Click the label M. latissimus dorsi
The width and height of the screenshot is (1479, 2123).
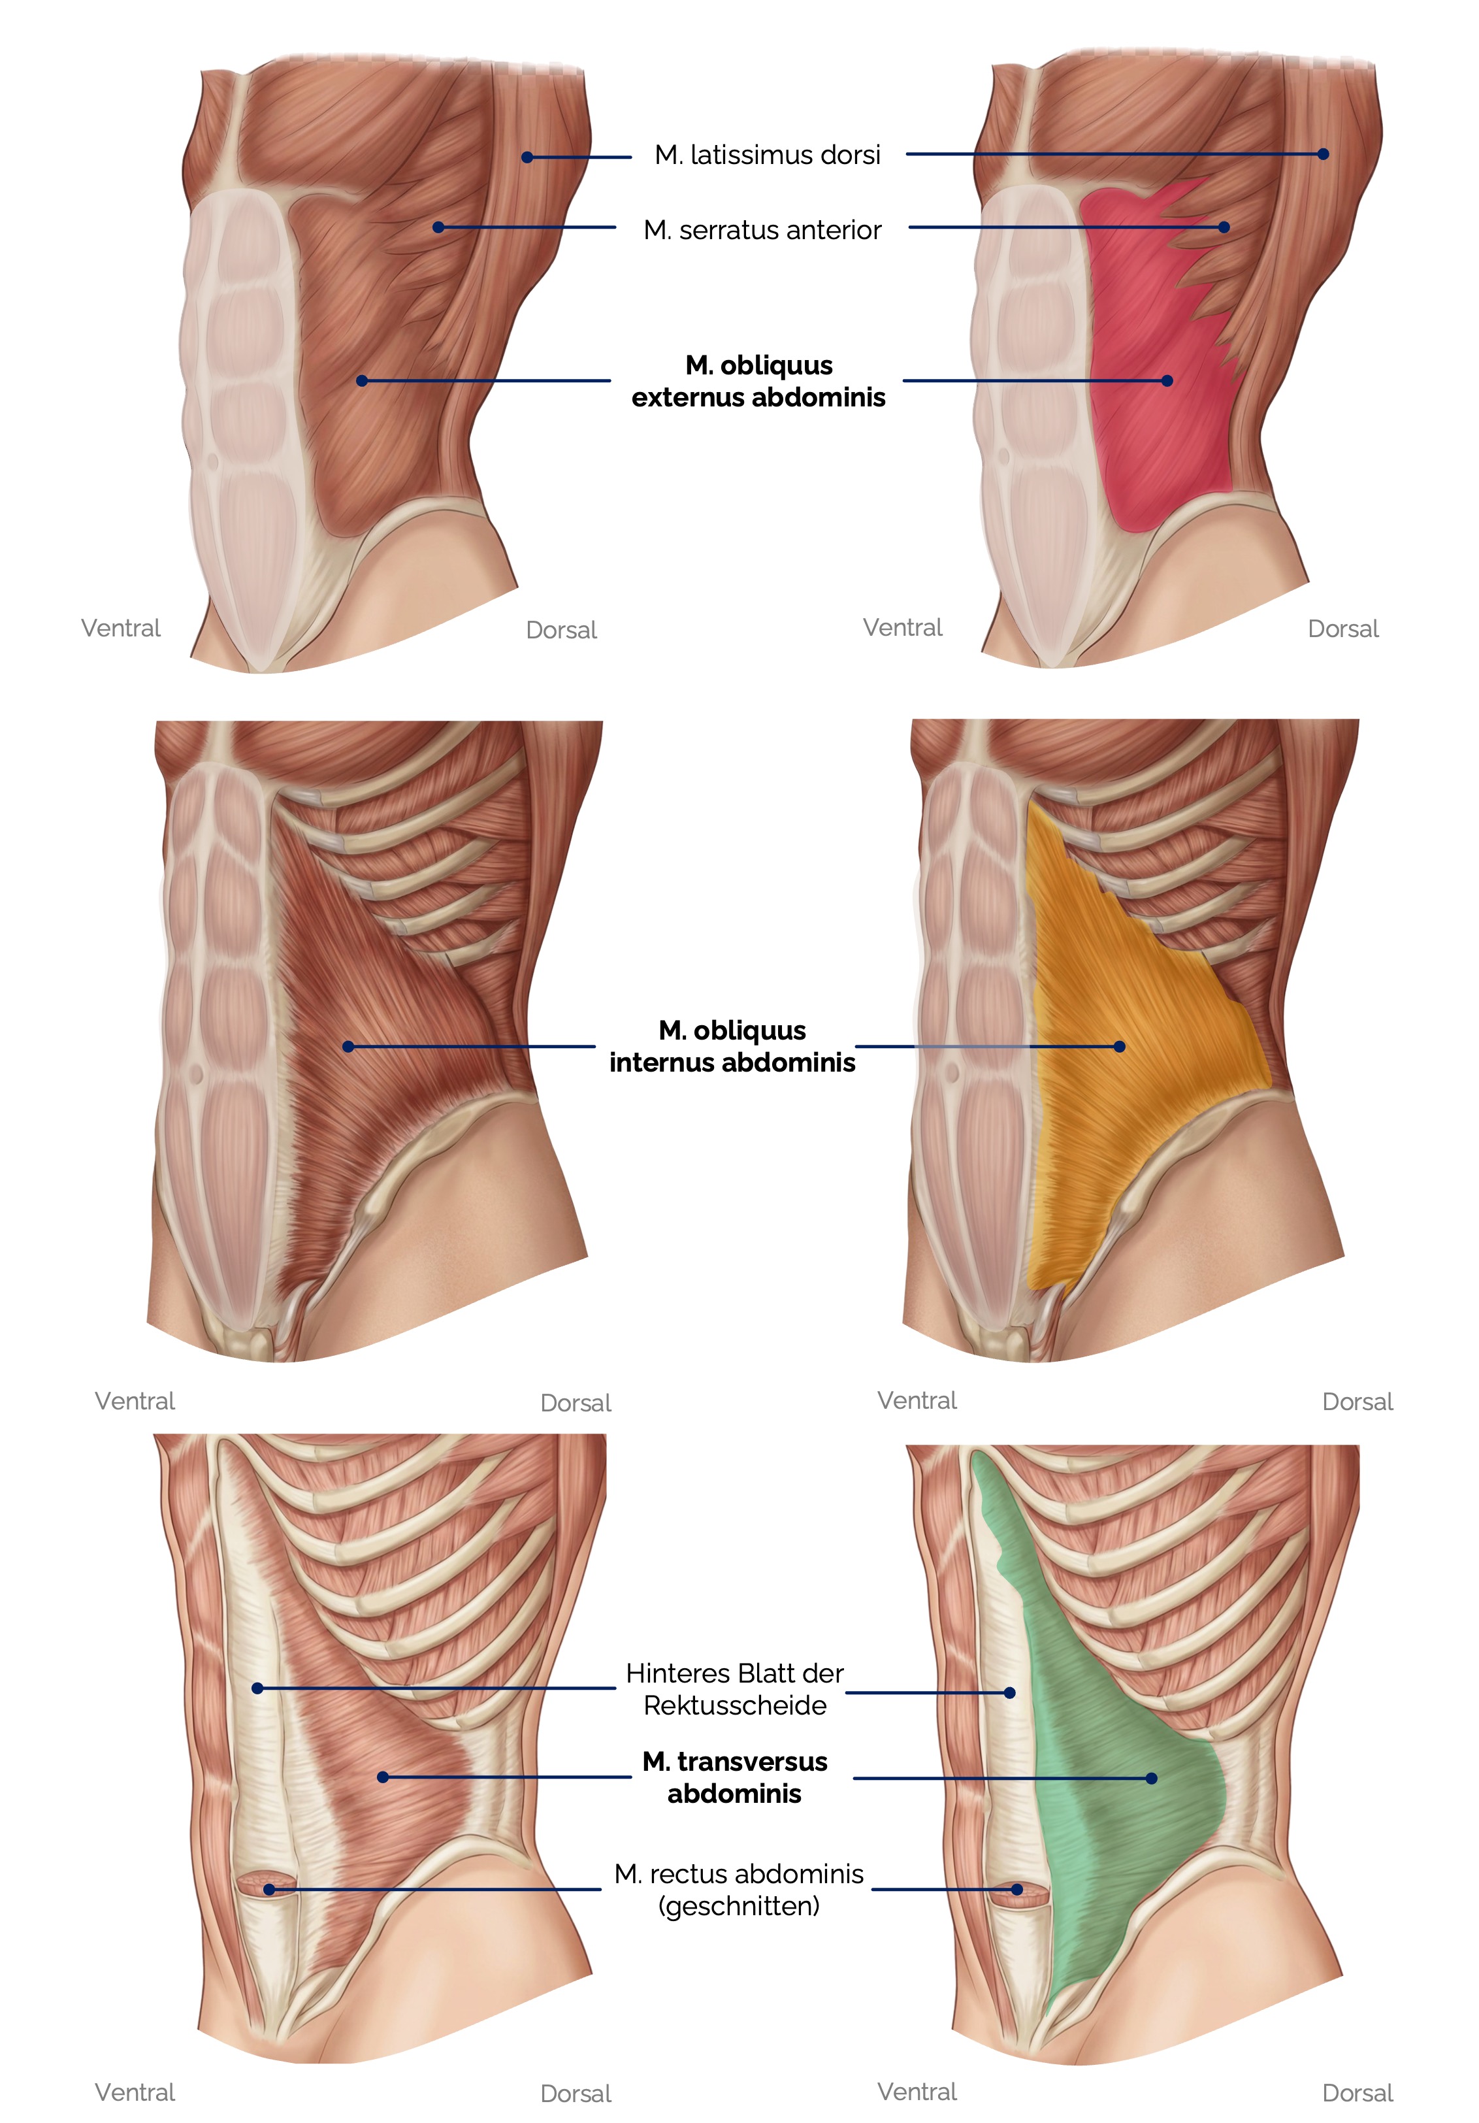point(766,156)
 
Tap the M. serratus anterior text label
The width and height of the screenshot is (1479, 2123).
point(762,230)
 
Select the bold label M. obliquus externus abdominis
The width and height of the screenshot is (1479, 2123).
point(758,381)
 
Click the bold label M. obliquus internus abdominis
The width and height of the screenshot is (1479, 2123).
point(732,1045)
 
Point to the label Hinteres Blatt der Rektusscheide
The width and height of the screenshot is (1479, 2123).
point(734,1688)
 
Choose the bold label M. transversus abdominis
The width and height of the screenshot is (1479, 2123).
point(734,1777)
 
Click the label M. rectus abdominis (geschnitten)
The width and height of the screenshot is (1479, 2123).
point(739,1889)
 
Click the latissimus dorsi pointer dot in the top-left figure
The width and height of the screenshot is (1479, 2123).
point(527,157)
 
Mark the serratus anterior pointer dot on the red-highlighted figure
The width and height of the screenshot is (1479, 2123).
point(1224,227)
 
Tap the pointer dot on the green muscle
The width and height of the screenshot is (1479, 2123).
point(1151,1778)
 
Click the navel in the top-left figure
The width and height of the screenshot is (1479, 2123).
point(212,459)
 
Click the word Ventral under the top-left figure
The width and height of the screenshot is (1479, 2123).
point(121,629)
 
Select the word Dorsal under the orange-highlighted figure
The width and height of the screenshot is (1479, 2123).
point(1357,1402)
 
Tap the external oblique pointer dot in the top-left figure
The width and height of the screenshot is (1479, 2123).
point(361,381)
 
